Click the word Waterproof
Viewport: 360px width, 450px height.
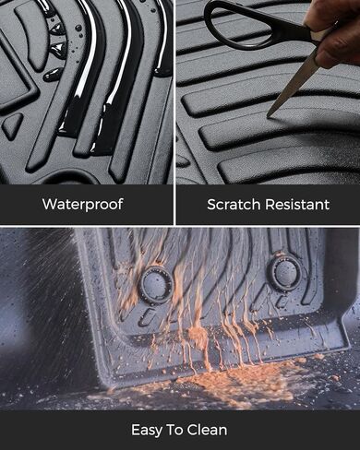(82, 203)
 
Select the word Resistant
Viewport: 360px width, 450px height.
(297, 203)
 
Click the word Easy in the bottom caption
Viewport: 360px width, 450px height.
(151, 430)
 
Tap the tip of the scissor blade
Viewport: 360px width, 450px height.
(270, 115)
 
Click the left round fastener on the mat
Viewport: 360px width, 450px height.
(155, 284)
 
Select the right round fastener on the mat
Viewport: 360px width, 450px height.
(283, 274)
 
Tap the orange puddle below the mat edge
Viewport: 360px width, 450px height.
(231, 377)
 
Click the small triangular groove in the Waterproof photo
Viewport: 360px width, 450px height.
(12, 125)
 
